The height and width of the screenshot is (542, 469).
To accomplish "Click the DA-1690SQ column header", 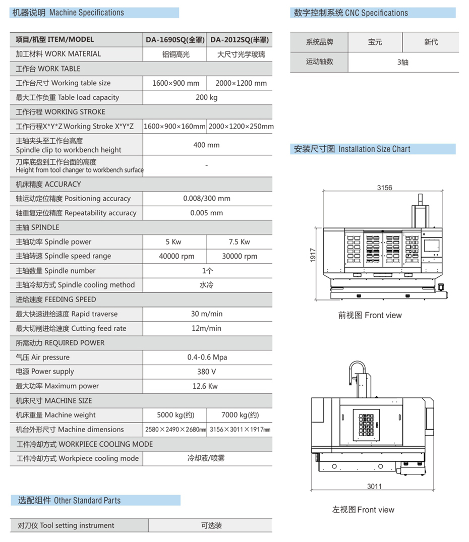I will (x=174, y=40).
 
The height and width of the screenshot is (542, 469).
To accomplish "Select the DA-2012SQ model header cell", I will (x=239, y=40).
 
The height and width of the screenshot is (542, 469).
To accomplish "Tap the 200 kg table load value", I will (x=207, y=97).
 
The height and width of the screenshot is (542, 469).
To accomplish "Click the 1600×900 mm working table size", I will (x=175, y=83).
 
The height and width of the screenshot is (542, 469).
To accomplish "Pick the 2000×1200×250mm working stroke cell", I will (x=241, y=127).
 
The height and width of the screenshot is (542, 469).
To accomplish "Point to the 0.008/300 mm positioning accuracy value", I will (x=207, y=199).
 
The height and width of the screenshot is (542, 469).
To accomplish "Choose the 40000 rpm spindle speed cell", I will (x=177, y=256).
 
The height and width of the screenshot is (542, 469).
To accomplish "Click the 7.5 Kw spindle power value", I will (x=240, y=242).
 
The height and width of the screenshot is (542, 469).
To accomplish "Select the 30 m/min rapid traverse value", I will (x=207, y=314).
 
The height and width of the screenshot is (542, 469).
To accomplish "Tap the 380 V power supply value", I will (x=207, y=372).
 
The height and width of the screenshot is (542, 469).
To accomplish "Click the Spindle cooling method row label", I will (x=75, y=285).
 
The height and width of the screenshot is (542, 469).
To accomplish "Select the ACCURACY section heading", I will (x=48, y=184).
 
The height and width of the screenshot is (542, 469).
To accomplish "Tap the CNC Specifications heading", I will (x=351, y=13).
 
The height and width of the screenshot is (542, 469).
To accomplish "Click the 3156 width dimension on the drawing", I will (x=384, y=188).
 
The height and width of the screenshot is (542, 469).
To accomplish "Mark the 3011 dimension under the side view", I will (x=374, y=487).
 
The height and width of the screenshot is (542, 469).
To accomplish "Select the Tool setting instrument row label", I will (x=66, y=525).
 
